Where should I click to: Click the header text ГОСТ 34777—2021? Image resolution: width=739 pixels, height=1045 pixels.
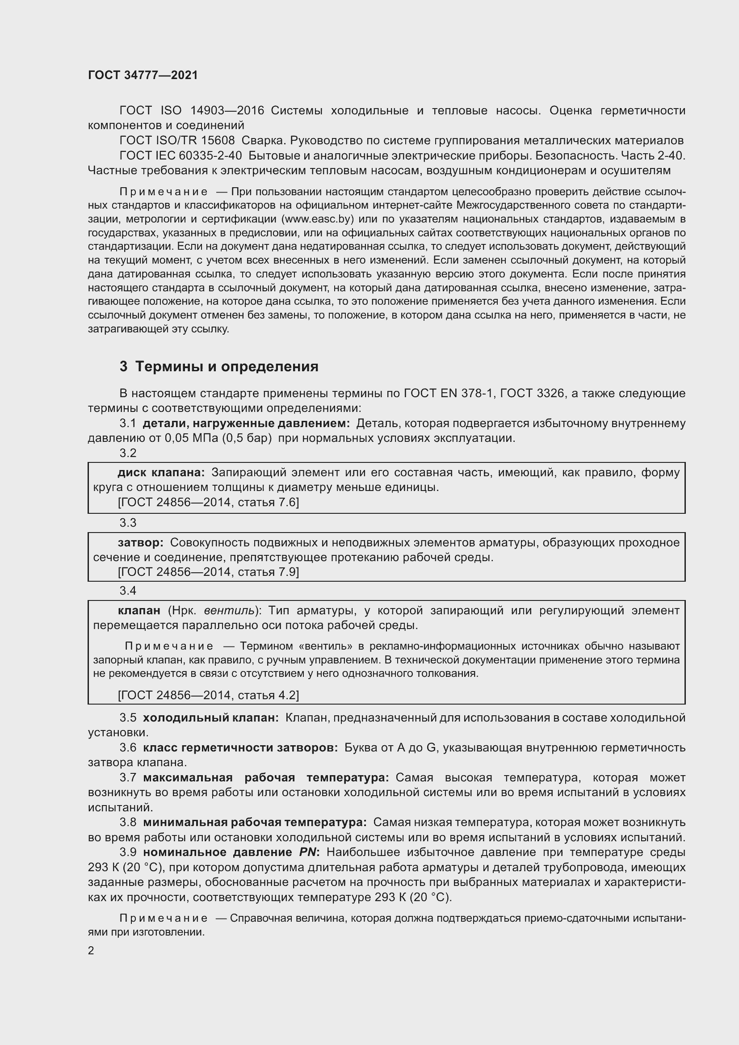coord(143,75)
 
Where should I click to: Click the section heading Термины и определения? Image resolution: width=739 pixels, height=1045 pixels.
coord(227,366)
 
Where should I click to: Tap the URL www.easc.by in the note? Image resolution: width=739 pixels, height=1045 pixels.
coord(318,219)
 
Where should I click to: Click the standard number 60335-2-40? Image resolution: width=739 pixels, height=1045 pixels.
coord(210,155)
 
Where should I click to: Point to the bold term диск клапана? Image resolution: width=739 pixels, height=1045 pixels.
coord(161,472)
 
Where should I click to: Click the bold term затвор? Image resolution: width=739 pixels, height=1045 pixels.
coord(141,542)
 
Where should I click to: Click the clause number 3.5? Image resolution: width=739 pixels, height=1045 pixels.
coord(128,718)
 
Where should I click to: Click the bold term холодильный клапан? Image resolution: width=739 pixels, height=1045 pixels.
coord(211,718)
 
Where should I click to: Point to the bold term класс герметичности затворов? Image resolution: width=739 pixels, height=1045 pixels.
coord(240,748)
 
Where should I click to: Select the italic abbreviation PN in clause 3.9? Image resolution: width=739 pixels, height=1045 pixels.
coord(307,852)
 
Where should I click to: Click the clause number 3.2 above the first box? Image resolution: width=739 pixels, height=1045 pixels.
coord(128,453)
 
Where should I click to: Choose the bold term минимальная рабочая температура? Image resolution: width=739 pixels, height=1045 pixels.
coord(255,823)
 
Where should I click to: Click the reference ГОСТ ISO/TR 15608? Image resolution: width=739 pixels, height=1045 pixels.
coord(177,140)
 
